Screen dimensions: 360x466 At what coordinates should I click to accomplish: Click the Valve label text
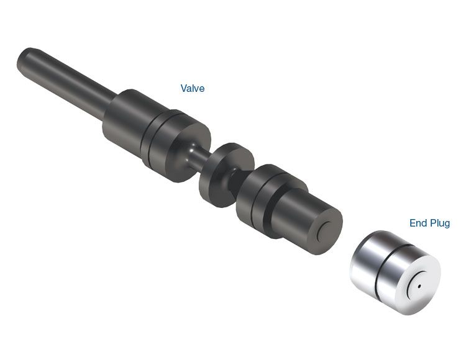[x=193, y=89]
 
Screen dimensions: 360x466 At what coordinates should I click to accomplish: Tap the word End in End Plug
[x=418, y=223]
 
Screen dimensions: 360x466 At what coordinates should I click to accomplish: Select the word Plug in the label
[x=440, y=223]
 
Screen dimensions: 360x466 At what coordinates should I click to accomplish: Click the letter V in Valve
[x=184, y=89]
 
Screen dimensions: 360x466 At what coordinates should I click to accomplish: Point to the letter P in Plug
[x=432, y=223]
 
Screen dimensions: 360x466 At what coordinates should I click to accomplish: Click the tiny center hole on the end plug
[x=419, y=287]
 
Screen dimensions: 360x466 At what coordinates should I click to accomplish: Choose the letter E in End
[x=413, y=223]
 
